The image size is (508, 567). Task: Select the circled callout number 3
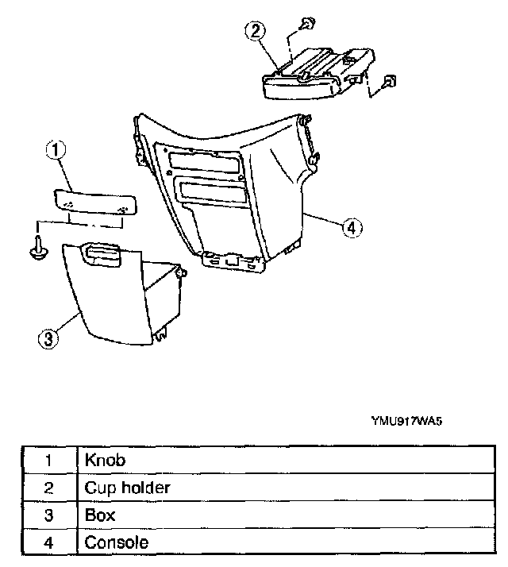point(49,339)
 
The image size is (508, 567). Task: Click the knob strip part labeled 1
point(92,200)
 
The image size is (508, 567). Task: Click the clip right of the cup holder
point(390,82)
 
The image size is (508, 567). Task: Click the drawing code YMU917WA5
point(405,422)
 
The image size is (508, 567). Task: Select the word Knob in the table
point(105,460)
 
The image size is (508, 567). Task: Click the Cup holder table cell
point(127,488)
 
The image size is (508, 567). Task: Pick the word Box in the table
point(100,515)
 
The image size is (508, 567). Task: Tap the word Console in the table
point(116,543)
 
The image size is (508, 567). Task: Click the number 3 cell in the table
point(48,515)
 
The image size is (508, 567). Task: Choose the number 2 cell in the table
point(48,488)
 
